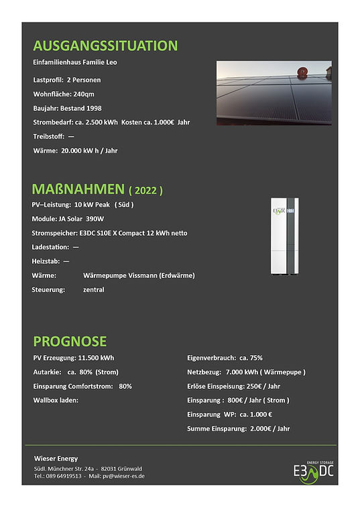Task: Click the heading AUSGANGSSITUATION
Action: coord(105,46)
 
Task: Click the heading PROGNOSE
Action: coord(69,341)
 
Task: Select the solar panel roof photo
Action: coord(274,93)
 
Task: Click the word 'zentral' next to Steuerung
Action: coord(94,290)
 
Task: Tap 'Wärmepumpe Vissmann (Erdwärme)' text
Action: coord(139,275)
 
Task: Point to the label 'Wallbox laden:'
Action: coord(56,400)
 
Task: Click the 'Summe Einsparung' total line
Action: coord(238,428)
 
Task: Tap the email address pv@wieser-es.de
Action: coord(125,476)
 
